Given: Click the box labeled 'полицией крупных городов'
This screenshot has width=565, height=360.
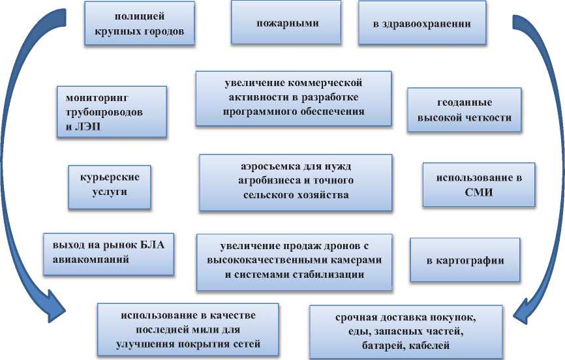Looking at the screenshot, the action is (140, 24).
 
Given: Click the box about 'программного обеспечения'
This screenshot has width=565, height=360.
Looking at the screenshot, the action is (293, 98).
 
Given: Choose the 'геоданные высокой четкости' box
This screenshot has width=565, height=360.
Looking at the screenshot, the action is (464, 110).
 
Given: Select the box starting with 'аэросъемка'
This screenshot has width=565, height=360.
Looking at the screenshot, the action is (295, 182).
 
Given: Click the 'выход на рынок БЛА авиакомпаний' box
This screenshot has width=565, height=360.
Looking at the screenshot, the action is (108, 252).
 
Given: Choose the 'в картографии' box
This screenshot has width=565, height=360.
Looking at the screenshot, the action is (465, 260).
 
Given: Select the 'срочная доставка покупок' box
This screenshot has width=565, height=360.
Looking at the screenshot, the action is (406, 331).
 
